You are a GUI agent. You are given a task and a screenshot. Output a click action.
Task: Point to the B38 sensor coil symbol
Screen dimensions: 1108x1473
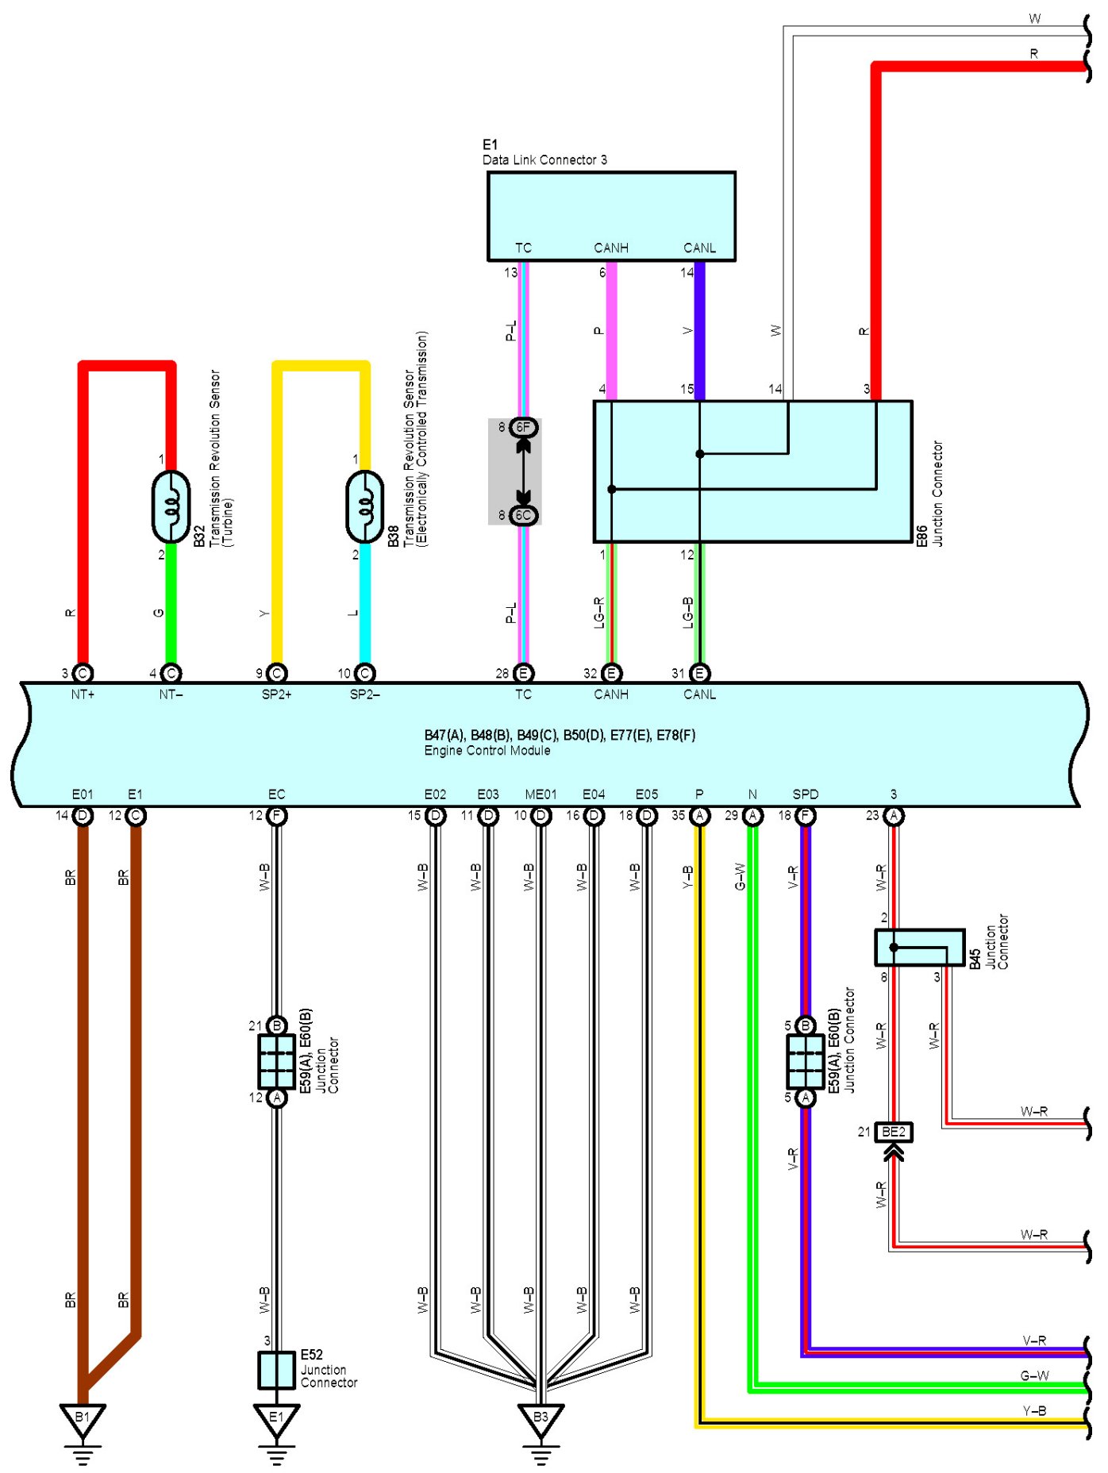365,506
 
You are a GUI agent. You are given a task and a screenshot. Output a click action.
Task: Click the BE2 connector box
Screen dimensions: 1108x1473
894,1132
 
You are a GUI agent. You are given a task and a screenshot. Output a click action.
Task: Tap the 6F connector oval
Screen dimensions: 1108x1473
523,427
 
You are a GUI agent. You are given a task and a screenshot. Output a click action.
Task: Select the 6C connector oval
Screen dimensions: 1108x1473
523,515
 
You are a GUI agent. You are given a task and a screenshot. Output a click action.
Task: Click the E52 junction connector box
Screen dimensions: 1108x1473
276,1370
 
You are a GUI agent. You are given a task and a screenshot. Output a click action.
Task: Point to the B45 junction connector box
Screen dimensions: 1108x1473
920,948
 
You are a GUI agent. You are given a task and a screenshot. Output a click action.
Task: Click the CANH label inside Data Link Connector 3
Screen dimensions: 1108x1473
611,248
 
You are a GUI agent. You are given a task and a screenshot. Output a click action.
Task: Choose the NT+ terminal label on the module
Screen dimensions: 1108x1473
83,694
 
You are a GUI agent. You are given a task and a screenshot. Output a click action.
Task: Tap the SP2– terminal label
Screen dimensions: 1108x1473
365,694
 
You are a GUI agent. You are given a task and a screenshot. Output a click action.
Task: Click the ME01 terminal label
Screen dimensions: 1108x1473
541,794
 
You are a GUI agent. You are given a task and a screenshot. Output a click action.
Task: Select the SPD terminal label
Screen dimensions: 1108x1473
806,794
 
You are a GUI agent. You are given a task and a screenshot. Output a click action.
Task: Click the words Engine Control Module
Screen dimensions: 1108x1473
487,750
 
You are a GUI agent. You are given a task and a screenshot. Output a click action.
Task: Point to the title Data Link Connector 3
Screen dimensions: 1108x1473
544,160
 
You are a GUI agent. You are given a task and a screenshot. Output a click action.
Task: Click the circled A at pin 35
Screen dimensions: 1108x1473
699,816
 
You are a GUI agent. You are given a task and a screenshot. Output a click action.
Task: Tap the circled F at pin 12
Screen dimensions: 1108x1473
276,816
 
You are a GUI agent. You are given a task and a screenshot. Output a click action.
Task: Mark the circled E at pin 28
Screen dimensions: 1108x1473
523,673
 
